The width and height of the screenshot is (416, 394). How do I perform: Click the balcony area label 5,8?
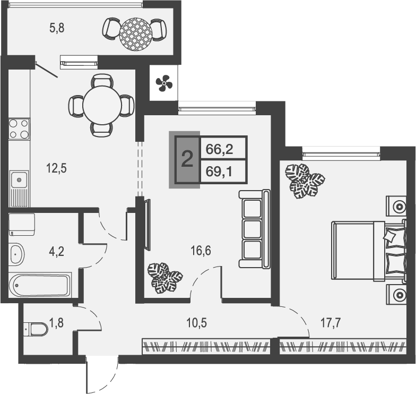(x=57, y=29)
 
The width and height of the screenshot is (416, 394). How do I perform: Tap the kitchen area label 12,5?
(x=56, y=169)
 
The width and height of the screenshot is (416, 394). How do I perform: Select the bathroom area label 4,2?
(x=57, y=251)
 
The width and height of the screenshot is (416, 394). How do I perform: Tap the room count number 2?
(x=187, y=159)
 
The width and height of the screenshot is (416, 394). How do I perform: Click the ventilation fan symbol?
(x=163, y=82)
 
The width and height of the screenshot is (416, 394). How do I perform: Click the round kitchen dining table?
(x=101, y=105)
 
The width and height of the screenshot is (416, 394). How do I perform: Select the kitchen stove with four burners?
(x=19, y=129)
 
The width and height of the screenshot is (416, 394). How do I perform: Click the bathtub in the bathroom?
(x=40, y=286)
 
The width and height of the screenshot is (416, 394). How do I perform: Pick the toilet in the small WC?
(x=37, y=329)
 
